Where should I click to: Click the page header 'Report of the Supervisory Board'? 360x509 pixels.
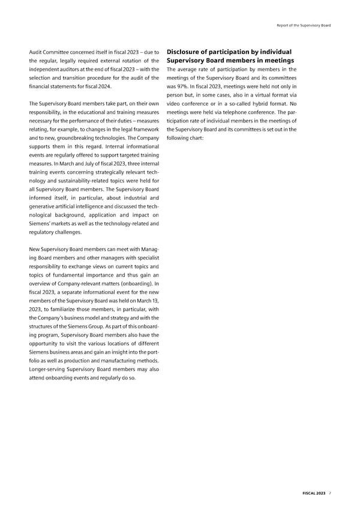[303, 25]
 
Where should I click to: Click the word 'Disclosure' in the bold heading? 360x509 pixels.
[190, 52]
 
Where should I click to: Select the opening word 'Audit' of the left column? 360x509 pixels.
[37, 52]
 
